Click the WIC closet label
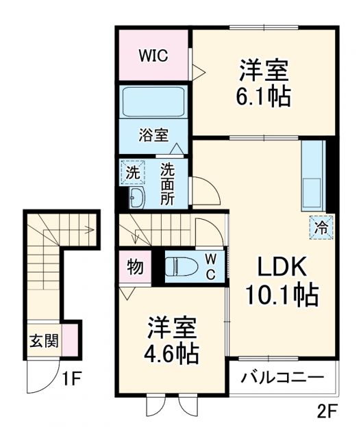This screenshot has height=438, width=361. point(154,55)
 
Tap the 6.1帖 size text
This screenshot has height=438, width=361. point(264,96)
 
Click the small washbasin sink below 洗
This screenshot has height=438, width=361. point(135,198)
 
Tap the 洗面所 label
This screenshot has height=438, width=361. point(168,183)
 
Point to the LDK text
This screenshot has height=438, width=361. point(280,266)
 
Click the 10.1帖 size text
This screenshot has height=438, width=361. point(282,295)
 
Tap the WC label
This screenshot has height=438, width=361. point(211,266)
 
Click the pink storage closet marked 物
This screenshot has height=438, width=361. point(135,267)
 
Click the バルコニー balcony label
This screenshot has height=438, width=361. point(282,377)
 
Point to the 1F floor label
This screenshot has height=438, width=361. point(71,377)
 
